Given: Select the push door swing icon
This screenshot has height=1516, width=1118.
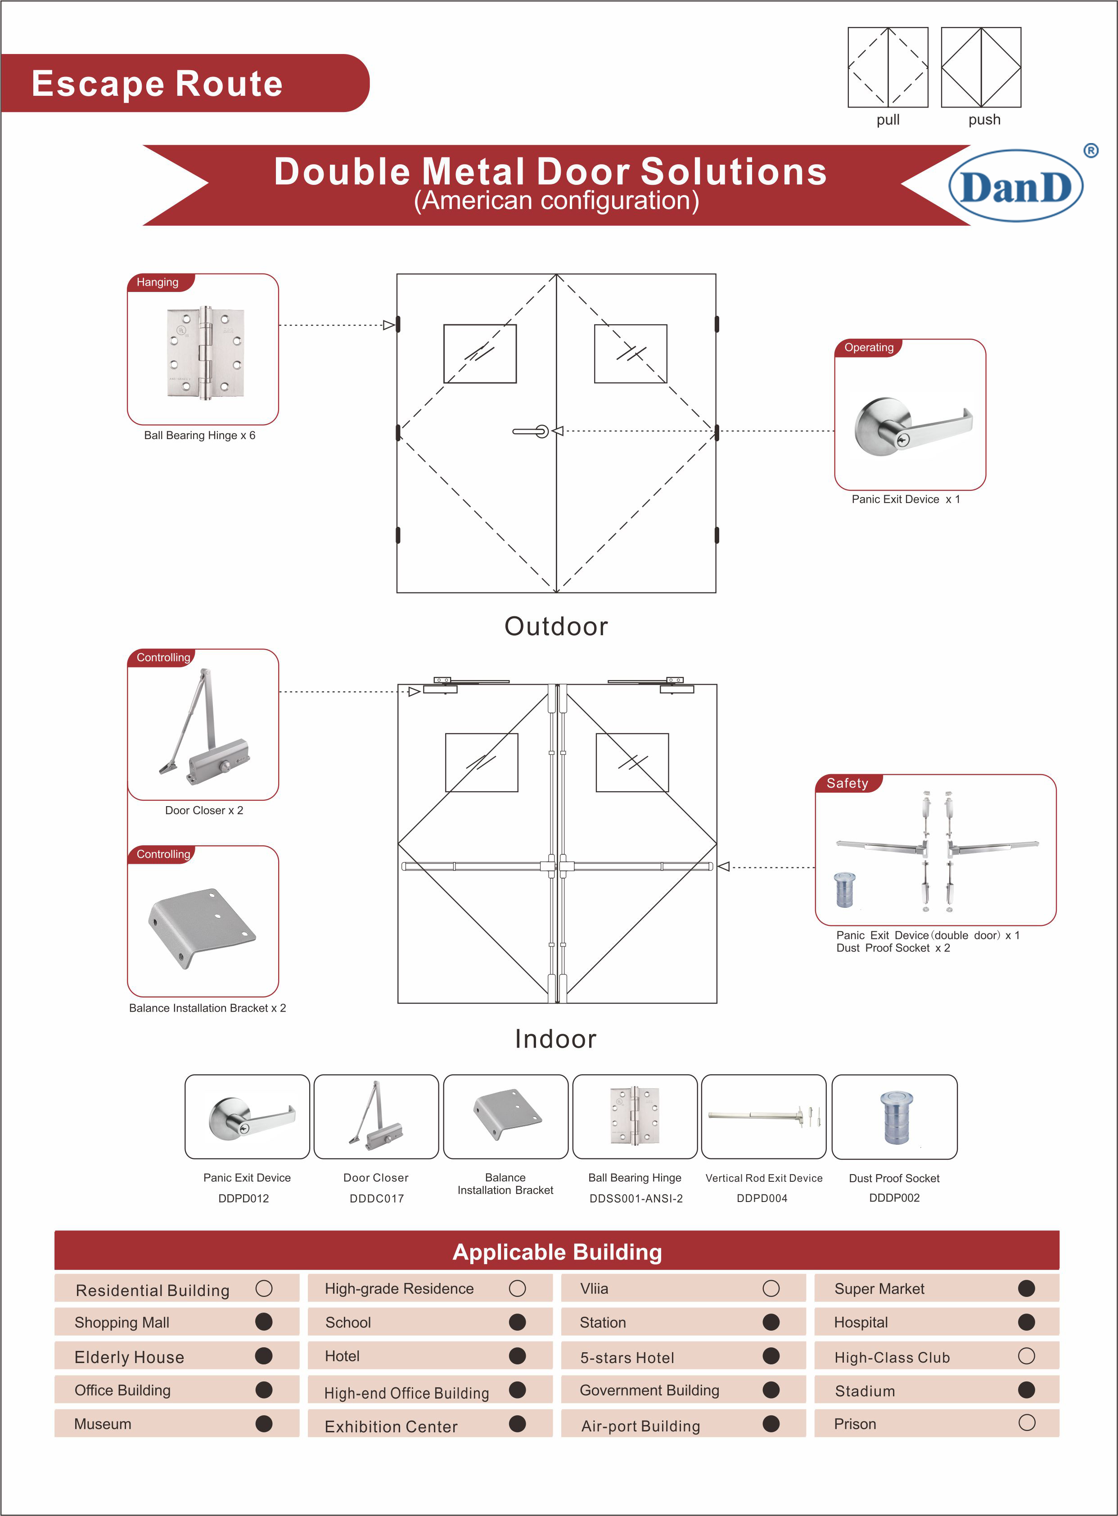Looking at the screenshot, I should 981,67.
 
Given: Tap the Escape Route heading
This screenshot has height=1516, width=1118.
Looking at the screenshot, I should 157,83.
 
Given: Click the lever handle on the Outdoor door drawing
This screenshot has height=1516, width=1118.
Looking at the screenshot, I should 531,431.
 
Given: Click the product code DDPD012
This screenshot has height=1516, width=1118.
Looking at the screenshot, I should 243,1198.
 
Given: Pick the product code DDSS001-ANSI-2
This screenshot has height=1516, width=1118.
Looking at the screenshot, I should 636,1198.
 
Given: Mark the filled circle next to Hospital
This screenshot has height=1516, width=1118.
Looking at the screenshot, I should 1026,1322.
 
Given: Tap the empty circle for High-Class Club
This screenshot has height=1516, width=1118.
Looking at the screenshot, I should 1026,1356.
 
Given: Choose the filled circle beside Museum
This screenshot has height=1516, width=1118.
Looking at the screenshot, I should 264,1423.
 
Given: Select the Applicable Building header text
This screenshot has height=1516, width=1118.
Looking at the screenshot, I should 557,1252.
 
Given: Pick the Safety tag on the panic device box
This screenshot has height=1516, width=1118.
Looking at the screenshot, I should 848,783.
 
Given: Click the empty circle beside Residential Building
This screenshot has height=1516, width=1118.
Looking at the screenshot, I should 264,1288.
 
